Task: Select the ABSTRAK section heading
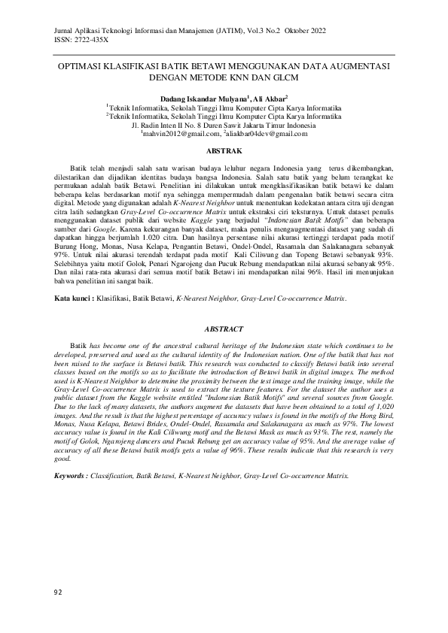pos(224,151)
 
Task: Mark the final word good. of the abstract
pos(64,458)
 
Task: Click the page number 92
pos(59,593)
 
